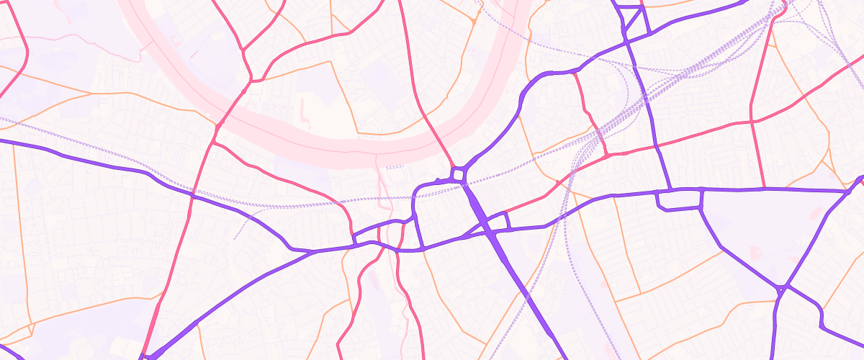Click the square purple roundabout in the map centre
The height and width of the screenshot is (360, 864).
coord(458,175)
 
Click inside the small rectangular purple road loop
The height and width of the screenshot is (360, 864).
coord(680,199)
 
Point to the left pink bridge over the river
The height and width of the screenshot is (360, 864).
coord(230,108)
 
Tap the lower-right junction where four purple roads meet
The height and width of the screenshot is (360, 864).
coord(782,288)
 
